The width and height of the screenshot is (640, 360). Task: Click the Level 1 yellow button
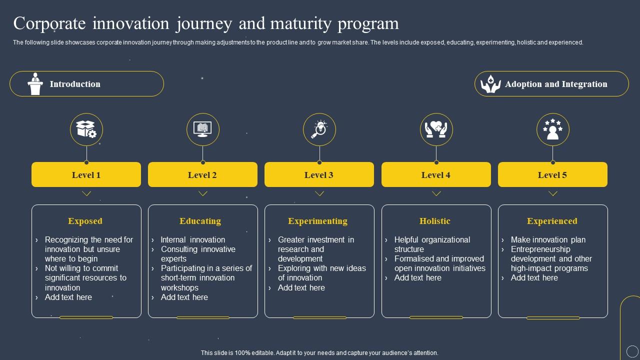86,174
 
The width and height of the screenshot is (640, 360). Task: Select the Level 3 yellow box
319,174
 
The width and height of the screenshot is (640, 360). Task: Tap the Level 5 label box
552,174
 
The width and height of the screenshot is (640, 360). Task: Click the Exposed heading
85,221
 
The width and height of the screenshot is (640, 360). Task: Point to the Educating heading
200,221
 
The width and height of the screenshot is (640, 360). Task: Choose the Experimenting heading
317,221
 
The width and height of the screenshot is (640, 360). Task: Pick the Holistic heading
435,221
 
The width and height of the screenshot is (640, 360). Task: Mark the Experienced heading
552,221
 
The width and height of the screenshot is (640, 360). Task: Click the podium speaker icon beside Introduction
35,84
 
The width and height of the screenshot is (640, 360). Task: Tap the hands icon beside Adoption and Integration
490,84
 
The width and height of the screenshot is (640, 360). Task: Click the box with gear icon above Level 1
86,129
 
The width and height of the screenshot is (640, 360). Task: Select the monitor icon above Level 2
202,129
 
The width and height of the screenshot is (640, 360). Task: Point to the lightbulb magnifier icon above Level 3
319,129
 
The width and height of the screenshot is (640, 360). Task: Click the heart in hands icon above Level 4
436,129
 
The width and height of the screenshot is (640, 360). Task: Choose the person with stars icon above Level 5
552,129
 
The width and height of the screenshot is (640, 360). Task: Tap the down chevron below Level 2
203,193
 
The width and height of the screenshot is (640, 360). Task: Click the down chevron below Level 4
436,193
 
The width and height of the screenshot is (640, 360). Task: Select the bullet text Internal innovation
193,240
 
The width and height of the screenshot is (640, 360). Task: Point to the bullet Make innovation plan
548,240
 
